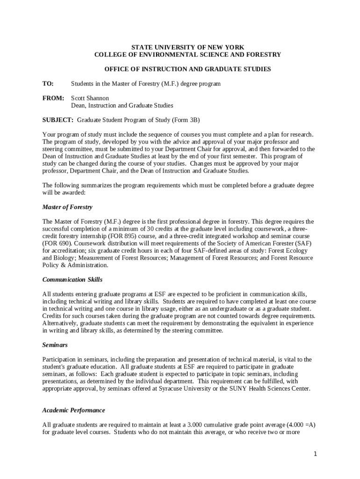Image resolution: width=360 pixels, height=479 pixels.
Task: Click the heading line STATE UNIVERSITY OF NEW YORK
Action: click(x=187, y=47)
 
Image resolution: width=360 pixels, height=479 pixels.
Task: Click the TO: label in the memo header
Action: click(x=48, y=84)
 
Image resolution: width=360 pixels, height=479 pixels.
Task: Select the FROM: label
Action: click(x=53, y=98)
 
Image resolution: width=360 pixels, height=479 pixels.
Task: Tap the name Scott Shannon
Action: click(x=90, y=98)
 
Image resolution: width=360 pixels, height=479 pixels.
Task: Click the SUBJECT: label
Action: click(x=58, y=120)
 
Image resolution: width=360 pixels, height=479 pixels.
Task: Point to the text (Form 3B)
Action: click(x=186, y=120)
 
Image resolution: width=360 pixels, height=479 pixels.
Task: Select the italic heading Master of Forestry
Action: click(x=67, y=207)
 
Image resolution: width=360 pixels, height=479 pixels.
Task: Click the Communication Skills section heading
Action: click(x=72, y=280)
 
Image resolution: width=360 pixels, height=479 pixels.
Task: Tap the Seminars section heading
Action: click(x=55, y=345)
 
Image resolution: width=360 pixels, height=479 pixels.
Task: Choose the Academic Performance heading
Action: click(x=73, y=410)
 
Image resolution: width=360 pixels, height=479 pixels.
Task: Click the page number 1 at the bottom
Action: click(x=316, y=454)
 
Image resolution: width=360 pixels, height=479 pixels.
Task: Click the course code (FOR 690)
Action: click(x=57, y=244)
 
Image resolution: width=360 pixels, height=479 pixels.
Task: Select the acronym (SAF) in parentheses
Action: click(x=302, y=244)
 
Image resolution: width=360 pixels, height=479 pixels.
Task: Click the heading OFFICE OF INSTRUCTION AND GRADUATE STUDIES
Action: click(x=187, y=69)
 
